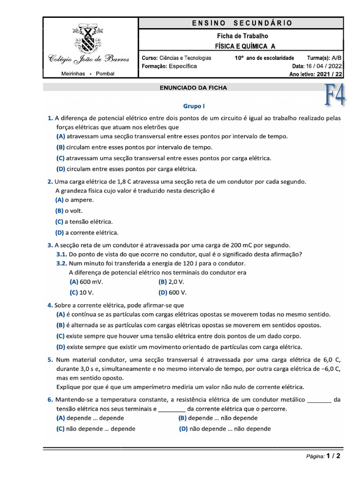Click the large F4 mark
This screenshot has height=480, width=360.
point(335,95)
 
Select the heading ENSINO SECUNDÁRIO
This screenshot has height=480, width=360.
point(242,23)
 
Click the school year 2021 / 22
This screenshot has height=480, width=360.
point(330,74)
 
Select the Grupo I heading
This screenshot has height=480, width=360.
point(194,106)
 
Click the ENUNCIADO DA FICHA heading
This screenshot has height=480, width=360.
point(193,88)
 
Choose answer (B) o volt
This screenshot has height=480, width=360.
point(69,211)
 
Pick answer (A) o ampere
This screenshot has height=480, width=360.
point(75,200)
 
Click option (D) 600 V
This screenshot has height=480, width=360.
point(172,292)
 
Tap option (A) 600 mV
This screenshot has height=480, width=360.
point(86,282)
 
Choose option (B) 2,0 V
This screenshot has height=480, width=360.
point(171,282)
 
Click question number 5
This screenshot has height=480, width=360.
point(50,360)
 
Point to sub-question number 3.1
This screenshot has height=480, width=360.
point(61,255)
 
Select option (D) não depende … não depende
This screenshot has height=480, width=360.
point(225,428)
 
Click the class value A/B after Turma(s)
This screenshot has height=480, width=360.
point(337,58)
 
